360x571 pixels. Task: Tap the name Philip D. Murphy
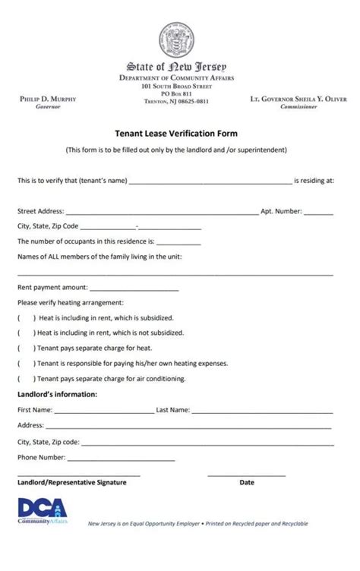tap(47, 99)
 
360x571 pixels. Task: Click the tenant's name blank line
tap(210, 182)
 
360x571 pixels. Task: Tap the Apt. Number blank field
tap(318, 213)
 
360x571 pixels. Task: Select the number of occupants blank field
tap(178, 243)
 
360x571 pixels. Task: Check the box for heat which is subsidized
tap(26, 318)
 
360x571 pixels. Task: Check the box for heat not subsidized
tap(26, 333)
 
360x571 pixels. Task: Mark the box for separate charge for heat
tap(26, 349)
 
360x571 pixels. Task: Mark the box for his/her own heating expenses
tap(26, 364)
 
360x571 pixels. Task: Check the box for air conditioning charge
tap(26, 379)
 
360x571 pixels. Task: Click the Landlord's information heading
tap(58, 395)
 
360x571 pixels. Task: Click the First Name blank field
tap(103, 412)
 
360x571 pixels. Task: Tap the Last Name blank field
tap(262, 412)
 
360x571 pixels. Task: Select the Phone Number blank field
tap(121, 459)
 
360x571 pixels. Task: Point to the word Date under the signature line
tap(247, 483)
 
